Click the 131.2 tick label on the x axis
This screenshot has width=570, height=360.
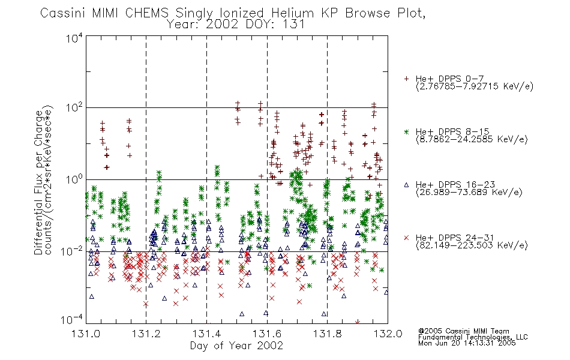click(146, 334)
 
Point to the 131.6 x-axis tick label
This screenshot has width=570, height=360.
click(267, 334)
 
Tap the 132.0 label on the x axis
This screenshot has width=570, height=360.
click(388, 334)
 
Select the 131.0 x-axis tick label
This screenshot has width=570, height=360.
click(86, 334)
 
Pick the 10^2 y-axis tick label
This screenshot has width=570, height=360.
click(74, 108)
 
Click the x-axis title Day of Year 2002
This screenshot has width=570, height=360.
click(236, 346)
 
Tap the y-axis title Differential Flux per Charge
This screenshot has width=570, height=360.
click(38, 183)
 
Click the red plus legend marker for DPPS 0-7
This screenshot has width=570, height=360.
click(406, 79)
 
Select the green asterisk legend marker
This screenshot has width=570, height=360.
click(406, 131)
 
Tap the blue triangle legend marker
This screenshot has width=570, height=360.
click(406, 185)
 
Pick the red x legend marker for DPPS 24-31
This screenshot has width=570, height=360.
click(406, 238)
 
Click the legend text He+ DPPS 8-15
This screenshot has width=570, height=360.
click(452, 131)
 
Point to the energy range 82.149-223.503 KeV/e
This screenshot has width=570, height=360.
click(472, 245)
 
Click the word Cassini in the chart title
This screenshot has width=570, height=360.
click(63, 13)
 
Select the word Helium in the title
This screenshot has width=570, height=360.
click(292, 13)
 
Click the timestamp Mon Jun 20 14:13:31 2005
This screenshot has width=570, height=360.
click(467, 343)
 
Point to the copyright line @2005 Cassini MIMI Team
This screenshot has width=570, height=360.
click(463, 331)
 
